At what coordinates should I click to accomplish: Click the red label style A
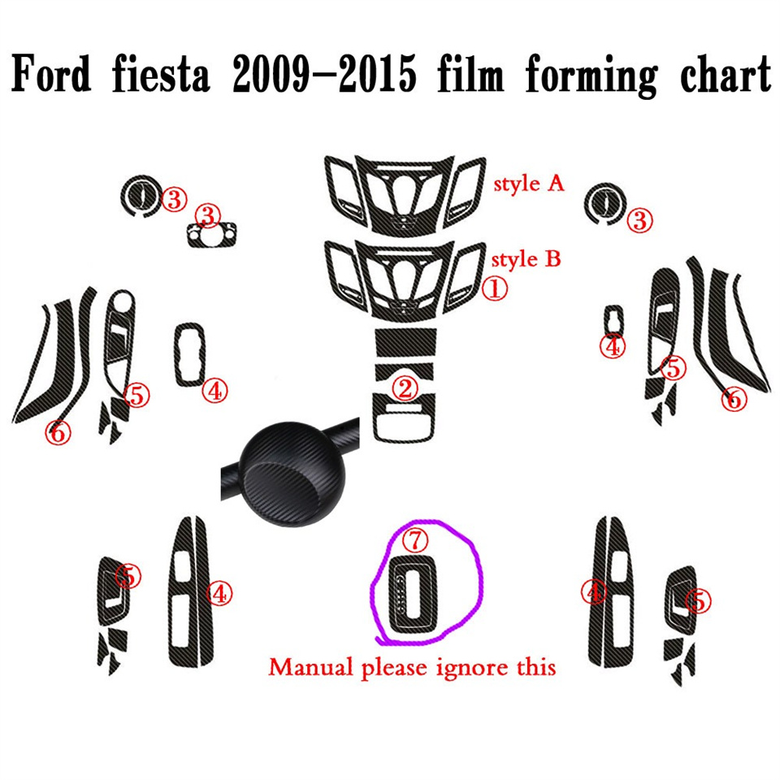pos(529,184)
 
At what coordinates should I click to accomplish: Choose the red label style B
pos(527,261)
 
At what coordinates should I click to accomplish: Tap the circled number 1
pos(495,287)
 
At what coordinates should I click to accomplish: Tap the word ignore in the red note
pos(482,668)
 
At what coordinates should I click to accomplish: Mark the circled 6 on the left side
pos(58,431)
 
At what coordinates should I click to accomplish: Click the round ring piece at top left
pos(140,195)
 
